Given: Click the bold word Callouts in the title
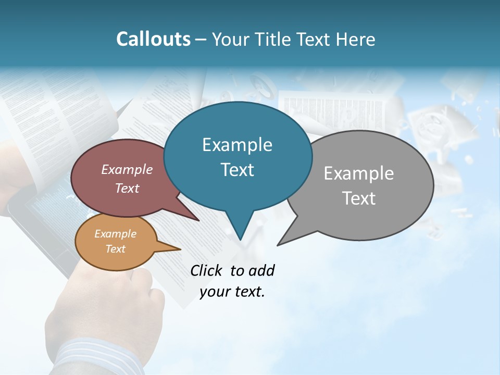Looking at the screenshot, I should click(153, 39).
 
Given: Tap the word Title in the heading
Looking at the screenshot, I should click(274, 39).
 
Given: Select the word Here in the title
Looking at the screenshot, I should click(355, 39).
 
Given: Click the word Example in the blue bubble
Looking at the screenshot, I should click(237, 145).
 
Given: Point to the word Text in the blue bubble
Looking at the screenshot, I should click(237, 170).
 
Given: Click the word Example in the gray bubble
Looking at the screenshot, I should click(359, 173).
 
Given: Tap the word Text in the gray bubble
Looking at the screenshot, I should click(359, 198).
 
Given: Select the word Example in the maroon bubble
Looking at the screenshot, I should click(127, 169).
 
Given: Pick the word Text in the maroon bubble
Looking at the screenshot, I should click(127, 188).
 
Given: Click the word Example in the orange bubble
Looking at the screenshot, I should click(115, 234).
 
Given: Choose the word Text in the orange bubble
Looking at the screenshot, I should click(115, 249).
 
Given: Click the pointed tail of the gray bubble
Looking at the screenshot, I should click(279, 244).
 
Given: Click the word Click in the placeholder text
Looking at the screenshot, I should click(207, 270).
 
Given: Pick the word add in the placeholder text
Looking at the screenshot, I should click(261, 270).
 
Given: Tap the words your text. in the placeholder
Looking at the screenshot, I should click(232, 292).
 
